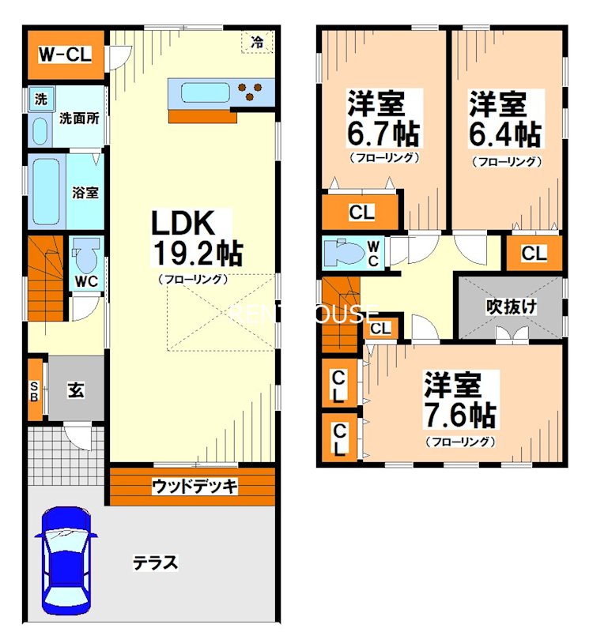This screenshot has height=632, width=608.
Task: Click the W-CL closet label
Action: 66,55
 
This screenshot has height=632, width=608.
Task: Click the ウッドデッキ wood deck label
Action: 194,487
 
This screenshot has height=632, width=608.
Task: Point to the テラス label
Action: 155,563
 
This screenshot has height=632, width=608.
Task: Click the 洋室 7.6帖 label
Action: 459,401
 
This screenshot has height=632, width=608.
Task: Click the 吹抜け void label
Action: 512,307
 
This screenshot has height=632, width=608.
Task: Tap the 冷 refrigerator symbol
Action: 257,43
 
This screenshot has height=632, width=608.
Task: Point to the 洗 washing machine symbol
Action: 40,100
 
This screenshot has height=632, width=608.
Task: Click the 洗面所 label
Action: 79,119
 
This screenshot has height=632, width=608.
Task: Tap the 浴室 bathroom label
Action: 85,191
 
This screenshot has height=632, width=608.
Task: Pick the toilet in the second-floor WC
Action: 345,253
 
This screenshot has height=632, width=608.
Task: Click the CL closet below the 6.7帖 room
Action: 361,212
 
